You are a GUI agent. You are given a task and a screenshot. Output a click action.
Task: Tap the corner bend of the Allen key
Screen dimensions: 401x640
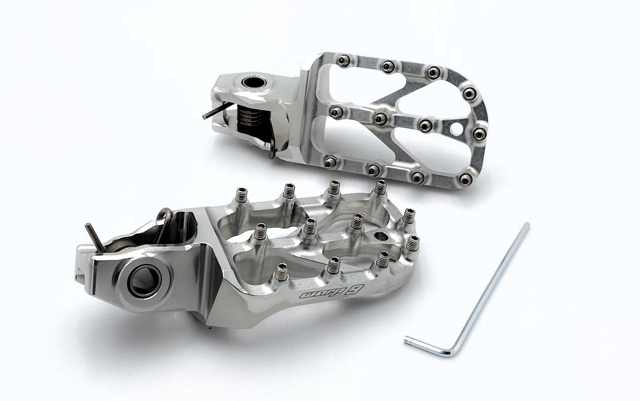tap(452, 352)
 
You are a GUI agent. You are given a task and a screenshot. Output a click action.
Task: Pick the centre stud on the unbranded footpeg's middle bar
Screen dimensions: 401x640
tap(380, 119)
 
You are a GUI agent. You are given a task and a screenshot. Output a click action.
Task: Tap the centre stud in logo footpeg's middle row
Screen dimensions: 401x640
tap(310, 226)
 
